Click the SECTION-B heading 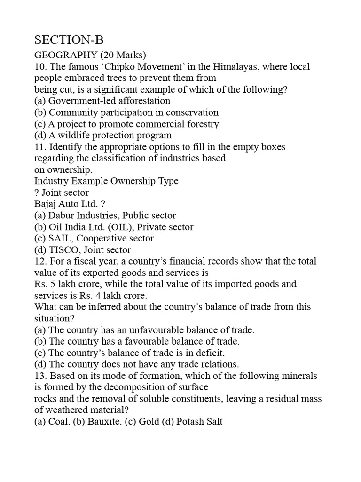[69, 40]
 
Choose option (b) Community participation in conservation [126, 112]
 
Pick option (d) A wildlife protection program [103, 136]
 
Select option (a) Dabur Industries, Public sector [105, 216]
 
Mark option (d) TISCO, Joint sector [83, 250]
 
